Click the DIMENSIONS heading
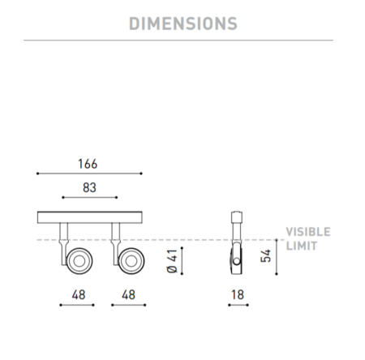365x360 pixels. tap(183, 24)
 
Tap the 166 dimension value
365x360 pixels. tap(88, 164)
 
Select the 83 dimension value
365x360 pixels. tap(89, 187)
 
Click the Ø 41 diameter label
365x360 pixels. tap(172, 261)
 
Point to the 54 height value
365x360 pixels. tap(266, 255)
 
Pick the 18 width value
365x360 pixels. tap(238, 294)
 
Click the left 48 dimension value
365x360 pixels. tap(79, 294)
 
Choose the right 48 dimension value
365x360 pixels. tap(128, 294)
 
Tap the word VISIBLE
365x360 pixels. tap(308, 232)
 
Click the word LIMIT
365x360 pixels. tap(302, 246)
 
